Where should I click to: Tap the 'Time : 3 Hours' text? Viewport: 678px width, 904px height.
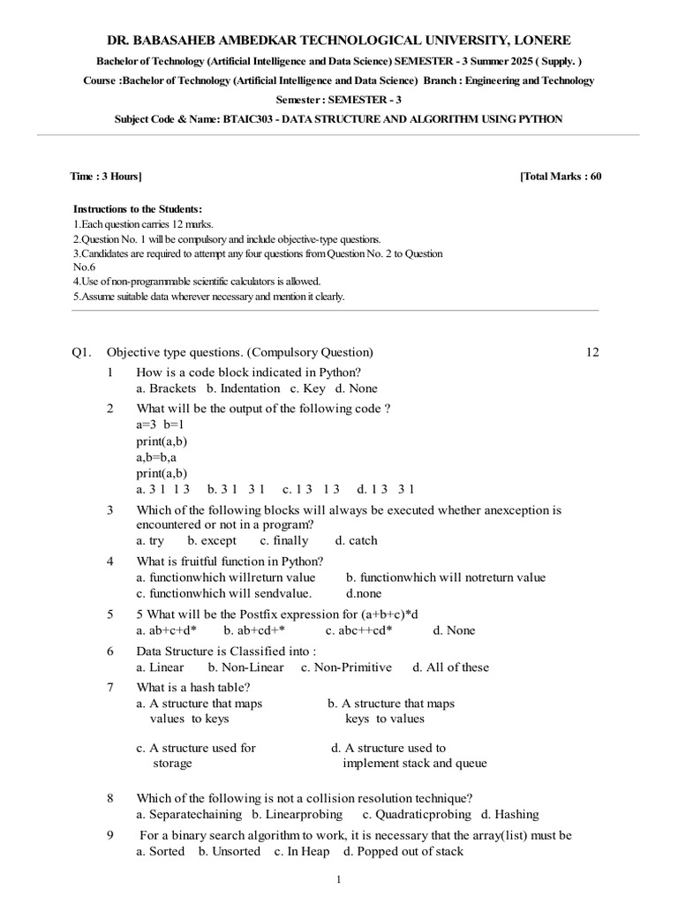(105, 177)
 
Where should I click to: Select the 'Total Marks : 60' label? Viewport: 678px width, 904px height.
(561, 177)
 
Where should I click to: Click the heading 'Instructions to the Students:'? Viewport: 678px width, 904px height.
(137, 209)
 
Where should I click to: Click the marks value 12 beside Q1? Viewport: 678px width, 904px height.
(591, 352)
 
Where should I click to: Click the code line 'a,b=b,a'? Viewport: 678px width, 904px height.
(156, 457)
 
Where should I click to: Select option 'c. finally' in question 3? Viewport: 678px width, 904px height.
(284, 540)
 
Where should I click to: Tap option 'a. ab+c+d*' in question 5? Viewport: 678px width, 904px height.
(166, 630)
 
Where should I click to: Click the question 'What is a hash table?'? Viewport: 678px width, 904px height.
(193, 687)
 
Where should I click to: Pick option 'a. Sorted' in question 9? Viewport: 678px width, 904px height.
(160, 851)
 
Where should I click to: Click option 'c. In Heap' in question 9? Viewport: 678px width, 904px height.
(302, 851)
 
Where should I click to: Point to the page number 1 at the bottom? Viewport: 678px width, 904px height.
(339, 880)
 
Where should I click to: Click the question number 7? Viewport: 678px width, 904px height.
(110, 687)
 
